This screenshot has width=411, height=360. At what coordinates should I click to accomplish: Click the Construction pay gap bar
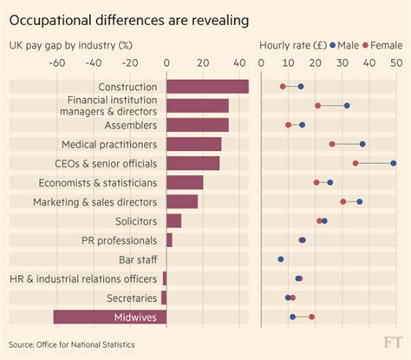click(207, 87)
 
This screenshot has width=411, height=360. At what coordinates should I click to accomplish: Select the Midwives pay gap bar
click(110, 317)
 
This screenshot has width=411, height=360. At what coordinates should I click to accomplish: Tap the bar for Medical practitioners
click(193, 144)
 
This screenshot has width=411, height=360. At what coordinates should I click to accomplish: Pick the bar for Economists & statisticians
click(184, 182)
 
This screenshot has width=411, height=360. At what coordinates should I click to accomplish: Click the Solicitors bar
click(173, 220)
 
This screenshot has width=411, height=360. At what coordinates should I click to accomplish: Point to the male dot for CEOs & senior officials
click(393, 163)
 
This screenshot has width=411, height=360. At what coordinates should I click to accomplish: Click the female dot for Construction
click(283, 87)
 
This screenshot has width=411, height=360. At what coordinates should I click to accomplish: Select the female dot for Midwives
click(312, 317)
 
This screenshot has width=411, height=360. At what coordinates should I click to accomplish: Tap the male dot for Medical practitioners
click(362, 144)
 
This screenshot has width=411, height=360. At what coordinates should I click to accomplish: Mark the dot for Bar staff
click(281, 259)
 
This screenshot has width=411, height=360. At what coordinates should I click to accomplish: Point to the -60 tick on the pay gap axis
click(57, 63)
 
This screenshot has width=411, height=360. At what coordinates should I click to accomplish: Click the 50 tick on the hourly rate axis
click(396, 63)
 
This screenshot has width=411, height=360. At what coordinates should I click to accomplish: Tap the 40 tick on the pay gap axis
click(238, 63)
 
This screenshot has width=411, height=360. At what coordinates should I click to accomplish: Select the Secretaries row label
click(128, 298)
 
